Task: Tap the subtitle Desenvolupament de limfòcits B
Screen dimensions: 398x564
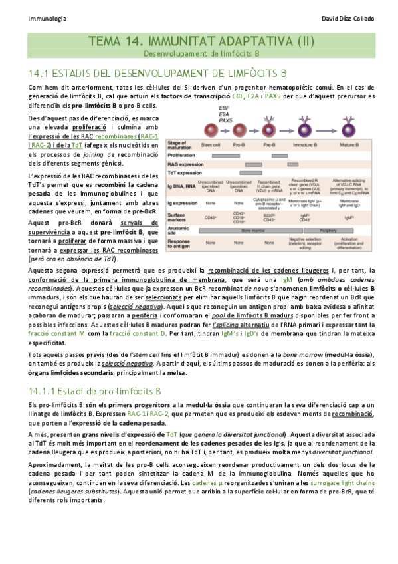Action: pyautogui.click(x=199, y=53)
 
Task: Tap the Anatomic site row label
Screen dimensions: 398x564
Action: pyautogui.click(x=179, y=231)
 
